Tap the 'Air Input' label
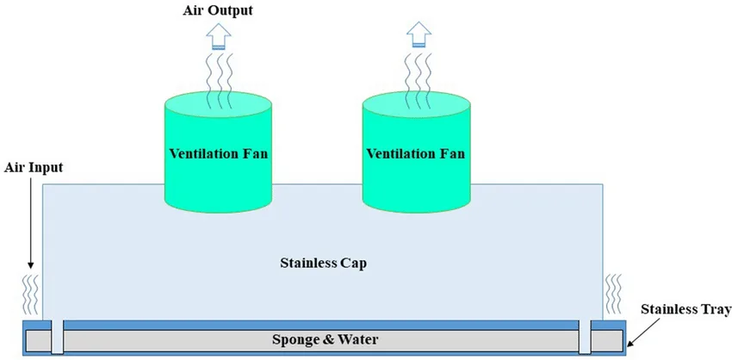[34, 167]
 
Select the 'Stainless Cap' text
[324, 262]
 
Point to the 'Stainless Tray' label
[685, 309]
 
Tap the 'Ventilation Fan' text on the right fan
[416, 154]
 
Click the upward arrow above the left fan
[217, 37]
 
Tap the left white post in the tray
[57, 337]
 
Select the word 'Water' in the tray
[359, 338]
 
